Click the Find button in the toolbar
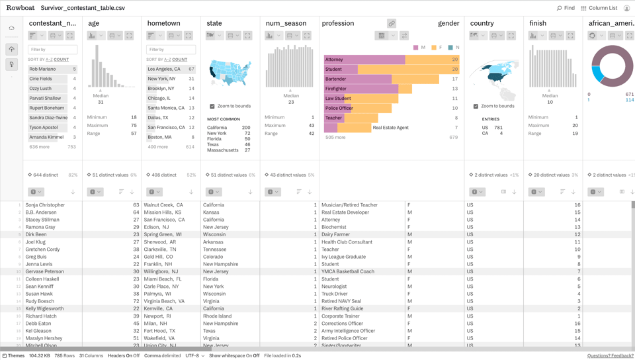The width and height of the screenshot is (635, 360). pyautogui.click(x=566, y=8)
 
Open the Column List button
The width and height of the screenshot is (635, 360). pyautogui.click(x=599, y=8)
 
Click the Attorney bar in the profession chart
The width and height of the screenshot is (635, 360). pyautogui.click(x=364, y=60)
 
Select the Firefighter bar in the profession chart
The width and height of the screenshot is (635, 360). pyautogui.click(x=361, y=89)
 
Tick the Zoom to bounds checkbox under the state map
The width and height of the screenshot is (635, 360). pyautogui.click(x=212, y=106)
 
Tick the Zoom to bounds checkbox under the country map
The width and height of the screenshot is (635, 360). pyautogui.click(x=476, y=106)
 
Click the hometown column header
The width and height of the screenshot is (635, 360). pyautogui.click(x=164, y=23)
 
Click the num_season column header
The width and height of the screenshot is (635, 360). pyautogui.click(x=286, y=23)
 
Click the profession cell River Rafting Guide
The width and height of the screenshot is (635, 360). pyautogui.click(x=342, y=308)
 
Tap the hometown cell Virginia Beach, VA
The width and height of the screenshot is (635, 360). pyautogui.click(x=165, y=301)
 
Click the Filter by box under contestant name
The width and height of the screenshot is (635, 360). pyautogui.click(x=52, y=50)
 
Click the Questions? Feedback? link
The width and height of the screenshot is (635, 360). pyautogui.click(x=610, y=355)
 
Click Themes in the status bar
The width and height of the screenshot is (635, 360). pyautogui.click(x=13, y=355)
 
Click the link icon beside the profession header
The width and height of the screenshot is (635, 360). pyautogui.click(x=392, y=23)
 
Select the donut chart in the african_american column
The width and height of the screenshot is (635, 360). pyautogui.click(x=612, y=66)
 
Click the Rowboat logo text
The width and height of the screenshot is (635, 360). pyautogui.click(x=20, y=8)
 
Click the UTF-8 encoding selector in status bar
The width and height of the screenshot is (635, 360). pyautogui.click(x=194, y=355)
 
